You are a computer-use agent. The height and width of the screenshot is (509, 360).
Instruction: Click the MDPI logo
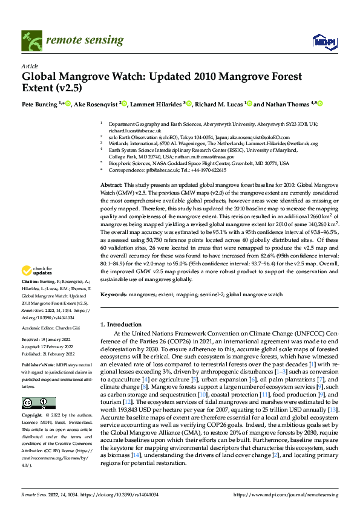[321, 41]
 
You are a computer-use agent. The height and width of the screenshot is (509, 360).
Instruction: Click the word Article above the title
[29, 66]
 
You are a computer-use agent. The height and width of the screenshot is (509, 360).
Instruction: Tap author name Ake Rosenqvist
[97, 104]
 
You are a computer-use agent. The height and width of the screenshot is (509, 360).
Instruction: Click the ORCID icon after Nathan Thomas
[321, 104]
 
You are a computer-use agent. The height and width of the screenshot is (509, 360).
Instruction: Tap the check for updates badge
[37, 271]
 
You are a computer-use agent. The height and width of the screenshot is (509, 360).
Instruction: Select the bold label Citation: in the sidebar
[31, 282]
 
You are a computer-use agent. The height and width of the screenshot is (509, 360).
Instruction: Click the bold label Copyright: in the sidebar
[33, 417]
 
